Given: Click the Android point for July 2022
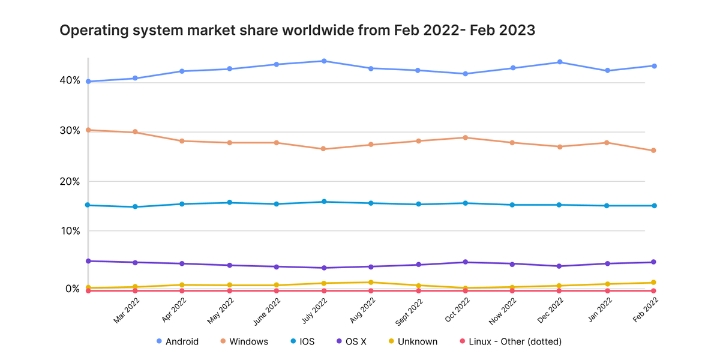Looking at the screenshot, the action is click(324, 61).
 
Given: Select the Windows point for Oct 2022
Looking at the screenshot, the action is click(465, 137).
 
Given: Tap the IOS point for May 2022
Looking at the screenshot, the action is click(229, 203).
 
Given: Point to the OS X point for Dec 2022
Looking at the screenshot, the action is click(559, 266).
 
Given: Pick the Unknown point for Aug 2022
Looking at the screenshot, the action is click(371, 282).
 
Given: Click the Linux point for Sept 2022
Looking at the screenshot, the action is click(419, 290).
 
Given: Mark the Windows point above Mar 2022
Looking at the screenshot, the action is click(135, 132).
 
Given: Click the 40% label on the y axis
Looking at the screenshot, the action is click(70, 80).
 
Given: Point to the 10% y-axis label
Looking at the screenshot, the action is click(70, 231).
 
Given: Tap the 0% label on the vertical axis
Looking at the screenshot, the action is click(73, 289).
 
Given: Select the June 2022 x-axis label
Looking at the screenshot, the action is click(267, 311).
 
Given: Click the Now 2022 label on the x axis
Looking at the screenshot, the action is click(502, 311).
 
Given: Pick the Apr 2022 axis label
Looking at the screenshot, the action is click(174, 310).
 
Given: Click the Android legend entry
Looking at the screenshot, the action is click(178, 341).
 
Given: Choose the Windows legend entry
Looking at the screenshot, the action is click(244, 341).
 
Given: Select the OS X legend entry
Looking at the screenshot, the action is click(352, 341).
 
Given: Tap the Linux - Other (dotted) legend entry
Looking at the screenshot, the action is click(511, 341).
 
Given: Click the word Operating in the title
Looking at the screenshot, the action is click(94, 31).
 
